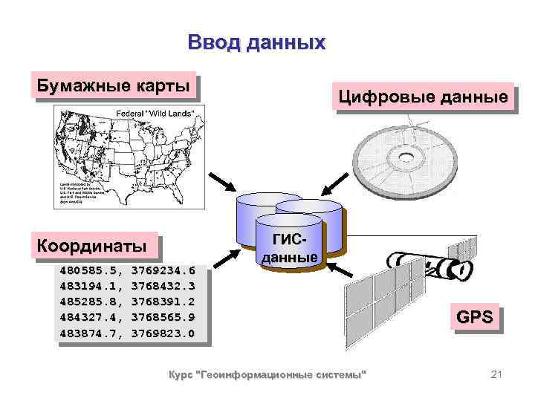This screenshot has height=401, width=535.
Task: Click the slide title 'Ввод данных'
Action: [x=256, y=42]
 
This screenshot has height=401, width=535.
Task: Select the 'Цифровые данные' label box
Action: [x=424, y=97]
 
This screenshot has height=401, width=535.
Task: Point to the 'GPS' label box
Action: [x=474, y=318]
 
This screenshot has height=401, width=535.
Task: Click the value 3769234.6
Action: [x=163, y=270]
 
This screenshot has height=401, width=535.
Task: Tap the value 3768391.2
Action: [x=163, y=301]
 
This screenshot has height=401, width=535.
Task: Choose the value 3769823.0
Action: [x=163, y=333]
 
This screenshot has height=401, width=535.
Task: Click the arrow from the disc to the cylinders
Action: [x=336, y=181]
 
